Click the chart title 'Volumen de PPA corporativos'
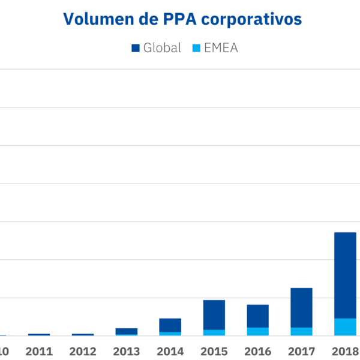click(182, 19)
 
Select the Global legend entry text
click(162, 48)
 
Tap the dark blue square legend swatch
click(134, 48)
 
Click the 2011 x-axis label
click(39, 351)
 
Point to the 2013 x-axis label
click(127, 351)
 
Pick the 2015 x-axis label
click(214, 351)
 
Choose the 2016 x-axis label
click(258, 351)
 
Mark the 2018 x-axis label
click(345, 351)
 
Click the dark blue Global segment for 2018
click(345, 275)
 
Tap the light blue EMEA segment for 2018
click(345, 327)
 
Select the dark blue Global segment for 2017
click(301, 307)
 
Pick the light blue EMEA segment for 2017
click(301, 332)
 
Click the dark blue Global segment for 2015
click(214, 314)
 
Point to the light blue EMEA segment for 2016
click(258, 332)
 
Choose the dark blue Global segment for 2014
click(170, 325)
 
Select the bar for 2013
click(127, 331)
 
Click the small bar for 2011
click(39, 335)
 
